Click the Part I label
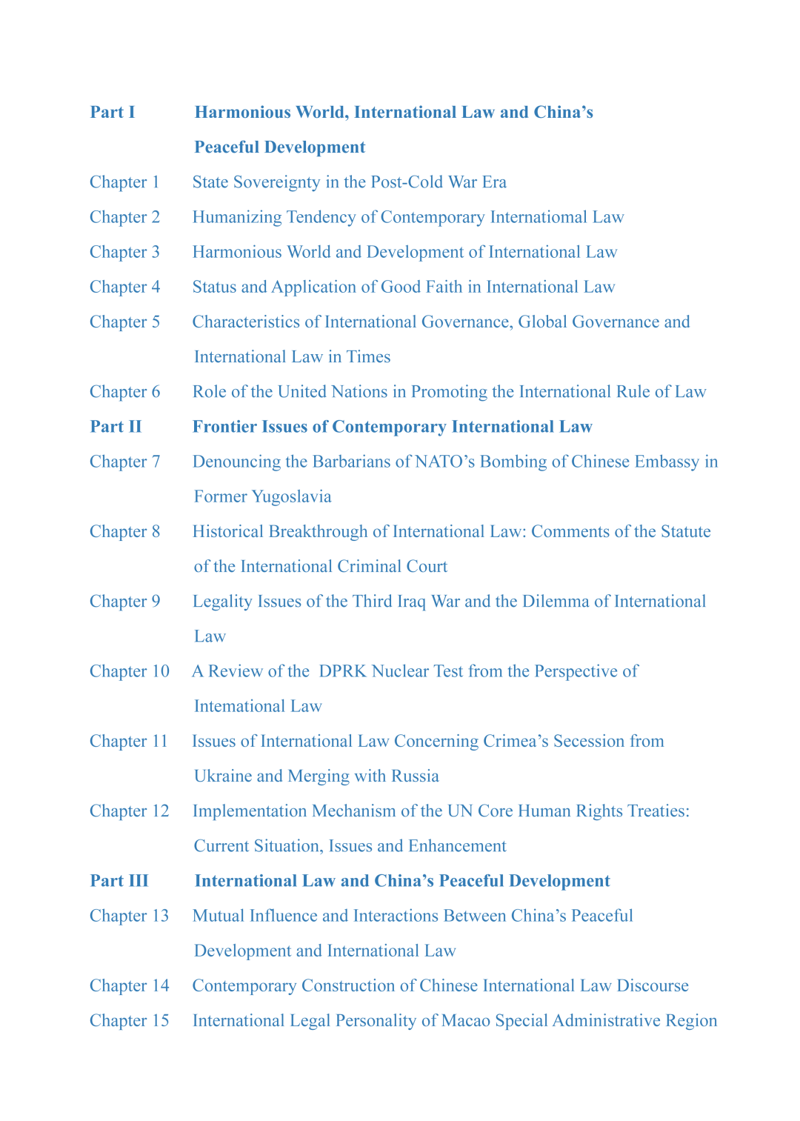113,113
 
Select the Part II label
116,427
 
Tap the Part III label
119,881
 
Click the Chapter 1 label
124,182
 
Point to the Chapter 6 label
124,392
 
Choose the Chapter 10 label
130,671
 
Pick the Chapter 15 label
130,1021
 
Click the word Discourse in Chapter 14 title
653,986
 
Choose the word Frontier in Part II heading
225,427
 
